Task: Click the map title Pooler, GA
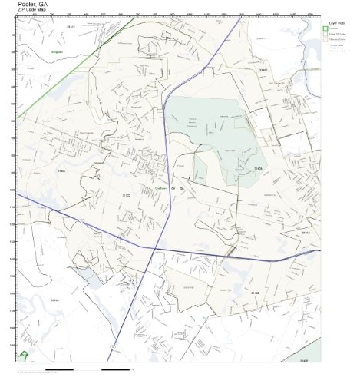pos(28,4)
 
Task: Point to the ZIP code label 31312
pos(71,26)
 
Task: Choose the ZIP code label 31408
pos(258,167)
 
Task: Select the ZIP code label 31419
pos(54,297)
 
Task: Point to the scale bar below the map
pos(92,371)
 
